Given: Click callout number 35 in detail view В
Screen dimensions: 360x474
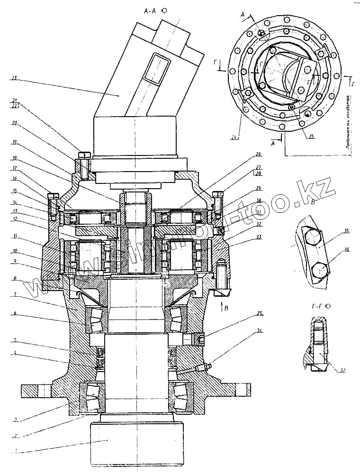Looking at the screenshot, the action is tap(347, 231).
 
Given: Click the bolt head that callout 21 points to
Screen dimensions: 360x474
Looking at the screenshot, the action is tap(84, 155).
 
